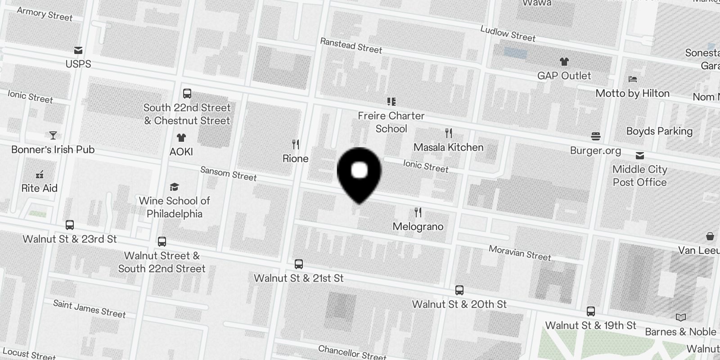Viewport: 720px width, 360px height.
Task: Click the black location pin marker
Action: click(359, 173)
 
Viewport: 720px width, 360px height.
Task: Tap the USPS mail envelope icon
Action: click(78, 50)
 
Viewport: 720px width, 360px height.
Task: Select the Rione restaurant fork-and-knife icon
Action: click(296, 144)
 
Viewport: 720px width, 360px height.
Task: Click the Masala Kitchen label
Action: click(448, 147)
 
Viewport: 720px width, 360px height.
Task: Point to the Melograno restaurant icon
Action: click(418, 212)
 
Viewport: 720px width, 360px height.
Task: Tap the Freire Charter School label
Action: click(391, 122)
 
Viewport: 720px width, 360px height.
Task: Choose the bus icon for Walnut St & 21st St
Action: click(299, 264)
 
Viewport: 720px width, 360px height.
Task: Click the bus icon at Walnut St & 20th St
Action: click(459, 290)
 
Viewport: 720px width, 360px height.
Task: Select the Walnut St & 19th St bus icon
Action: click(591, 311)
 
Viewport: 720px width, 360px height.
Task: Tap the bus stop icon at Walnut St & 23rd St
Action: click(70, 225)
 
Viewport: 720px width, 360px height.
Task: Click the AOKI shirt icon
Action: click(181, 138)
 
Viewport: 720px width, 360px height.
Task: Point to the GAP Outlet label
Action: click(564, 76)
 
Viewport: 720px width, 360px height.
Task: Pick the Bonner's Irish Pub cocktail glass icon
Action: click(53, 135)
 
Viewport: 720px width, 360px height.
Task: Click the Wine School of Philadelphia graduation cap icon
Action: click(174, 187)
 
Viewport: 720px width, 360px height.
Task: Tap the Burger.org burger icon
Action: click(596, 136)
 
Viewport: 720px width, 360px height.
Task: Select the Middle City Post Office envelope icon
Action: click(639, 156)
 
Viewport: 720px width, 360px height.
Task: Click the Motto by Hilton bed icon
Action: click(633, 80)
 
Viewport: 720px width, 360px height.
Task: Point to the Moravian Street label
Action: click(520, 253)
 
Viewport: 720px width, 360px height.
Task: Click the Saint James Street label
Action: click(89, 309)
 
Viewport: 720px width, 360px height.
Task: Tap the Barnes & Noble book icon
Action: click(681, 318)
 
